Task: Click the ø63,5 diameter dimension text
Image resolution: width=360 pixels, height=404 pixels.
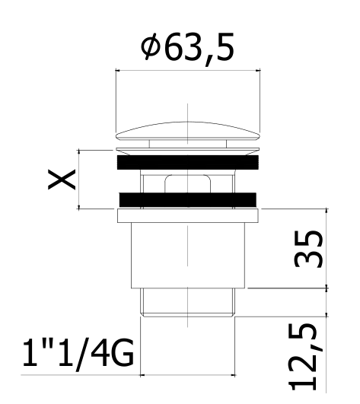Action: point(188,49)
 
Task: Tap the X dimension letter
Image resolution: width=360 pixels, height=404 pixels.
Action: point(62,180)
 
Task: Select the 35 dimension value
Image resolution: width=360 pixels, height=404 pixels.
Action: point(309,249)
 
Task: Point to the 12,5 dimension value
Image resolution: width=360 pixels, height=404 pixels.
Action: point(303,357)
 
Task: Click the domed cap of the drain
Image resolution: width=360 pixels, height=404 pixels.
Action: point(188,131)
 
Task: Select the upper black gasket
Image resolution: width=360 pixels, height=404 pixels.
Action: point(188,162)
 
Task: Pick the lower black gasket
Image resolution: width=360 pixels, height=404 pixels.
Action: point(188,199)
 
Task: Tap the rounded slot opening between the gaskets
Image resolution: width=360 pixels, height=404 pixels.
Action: point(188,184)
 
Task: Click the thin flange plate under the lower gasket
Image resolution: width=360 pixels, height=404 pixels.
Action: point(188,215)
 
